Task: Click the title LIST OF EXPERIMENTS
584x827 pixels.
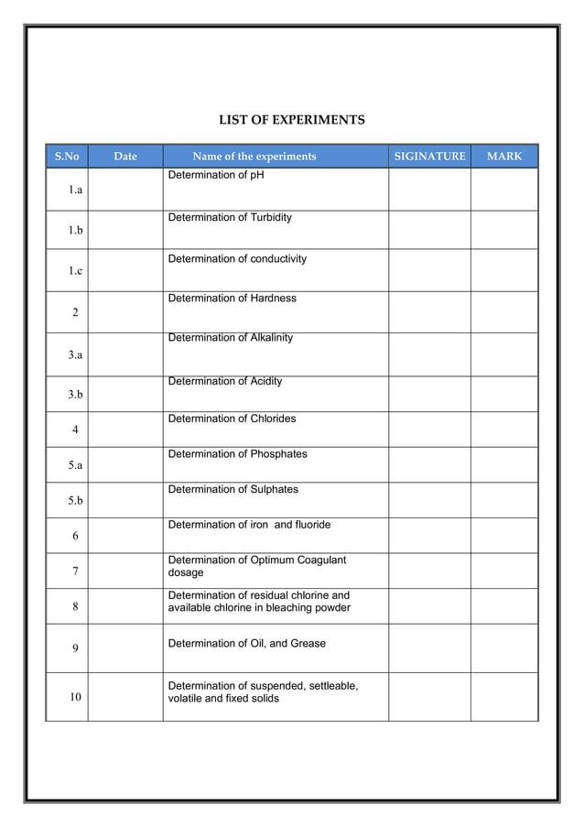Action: [x=291, y=120]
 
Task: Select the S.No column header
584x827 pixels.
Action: [x=67, y=157]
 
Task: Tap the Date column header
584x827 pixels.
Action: [x=125, y=157]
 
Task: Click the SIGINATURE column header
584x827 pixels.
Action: [x=429, y=157]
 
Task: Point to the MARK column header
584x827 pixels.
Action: [x=504, y=157]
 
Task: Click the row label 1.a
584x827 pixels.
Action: [x=75, y=190]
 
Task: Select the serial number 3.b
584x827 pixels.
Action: [x=75, y=395]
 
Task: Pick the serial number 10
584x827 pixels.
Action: [x=75, y=697]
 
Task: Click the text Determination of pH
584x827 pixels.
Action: [x=215, y=175]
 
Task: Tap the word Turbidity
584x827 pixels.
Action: [x=271, y=218]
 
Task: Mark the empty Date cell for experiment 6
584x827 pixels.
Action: [x=125, y=536]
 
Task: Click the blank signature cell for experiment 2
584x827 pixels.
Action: [x=429, y=312]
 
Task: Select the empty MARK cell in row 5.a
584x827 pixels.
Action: [x=504, y=464]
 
